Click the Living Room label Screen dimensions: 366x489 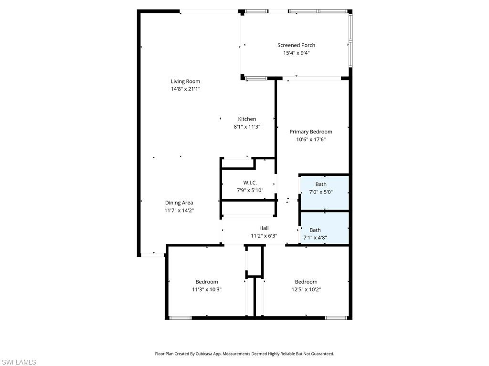185,81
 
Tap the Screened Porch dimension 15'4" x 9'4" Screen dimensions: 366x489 296,53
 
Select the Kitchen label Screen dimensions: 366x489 247,119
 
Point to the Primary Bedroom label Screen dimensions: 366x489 310,132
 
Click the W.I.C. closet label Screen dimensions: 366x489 250,183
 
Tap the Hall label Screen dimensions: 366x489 264,228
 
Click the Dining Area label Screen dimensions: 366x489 179,203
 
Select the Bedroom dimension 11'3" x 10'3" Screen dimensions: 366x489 206,289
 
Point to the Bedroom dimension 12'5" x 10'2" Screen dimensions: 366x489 306,289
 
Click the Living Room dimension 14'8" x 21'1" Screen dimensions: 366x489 185,89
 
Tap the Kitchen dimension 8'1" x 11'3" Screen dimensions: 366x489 247,127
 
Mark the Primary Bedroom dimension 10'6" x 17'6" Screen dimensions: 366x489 310,140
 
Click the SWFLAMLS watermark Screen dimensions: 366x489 19,362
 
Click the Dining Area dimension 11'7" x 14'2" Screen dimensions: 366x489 179,210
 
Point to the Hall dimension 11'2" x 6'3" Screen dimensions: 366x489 264,235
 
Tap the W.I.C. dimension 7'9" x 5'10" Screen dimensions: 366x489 250,190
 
